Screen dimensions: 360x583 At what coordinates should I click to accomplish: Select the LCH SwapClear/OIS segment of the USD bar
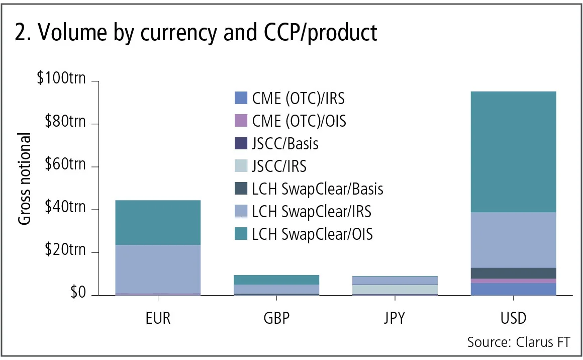513,151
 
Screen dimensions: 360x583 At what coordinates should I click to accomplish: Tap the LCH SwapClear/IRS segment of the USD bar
513,240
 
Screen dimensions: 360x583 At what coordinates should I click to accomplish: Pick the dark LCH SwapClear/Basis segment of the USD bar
513,273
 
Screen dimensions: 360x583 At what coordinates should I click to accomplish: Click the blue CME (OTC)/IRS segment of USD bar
513,289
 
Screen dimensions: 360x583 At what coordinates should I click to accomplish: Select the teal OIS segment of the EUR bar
158,222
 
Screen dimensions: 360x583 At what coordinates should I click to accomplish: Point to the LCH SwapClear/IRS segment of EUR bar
158,268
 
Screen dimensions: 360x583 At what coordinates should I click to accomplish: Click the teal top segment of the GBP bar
276,280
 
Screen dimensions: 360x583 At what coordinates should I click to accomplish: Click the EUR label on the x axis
158,319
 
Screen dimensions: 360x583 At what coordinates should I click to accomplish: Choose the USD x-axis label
513,319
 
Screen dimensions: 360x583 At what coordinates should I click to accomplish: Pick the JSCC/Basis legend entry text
285,143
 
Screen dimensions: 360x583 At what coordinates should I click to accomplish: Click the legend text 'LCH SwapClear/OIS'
312,234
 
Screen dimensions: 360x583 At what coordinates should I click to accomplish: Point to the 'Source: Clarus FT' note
519,342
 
